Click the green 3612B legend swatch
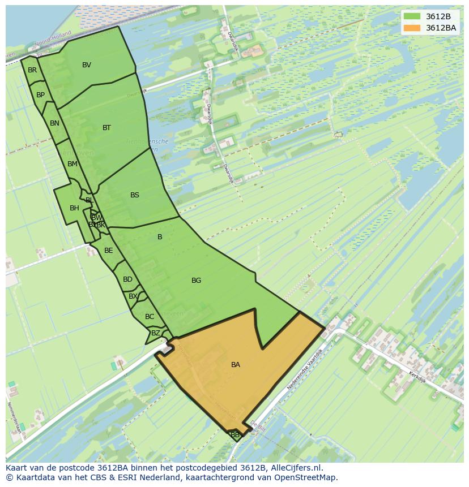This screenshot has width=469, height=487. click(412, 16)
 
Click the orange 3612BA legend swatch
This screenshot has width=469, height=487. click(412, 28)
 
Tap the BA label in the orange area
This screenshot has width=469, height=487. click(236, 365)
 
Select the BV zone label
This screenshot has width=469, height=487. click(87, 65)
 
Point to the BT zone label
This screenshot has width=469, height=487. click(106, 128)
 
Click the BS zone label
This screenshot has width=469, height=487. click(135, 195)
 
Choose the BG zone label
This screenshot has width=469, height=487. click(196, 281)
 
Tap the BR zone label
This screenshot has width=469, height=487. click(32, 70)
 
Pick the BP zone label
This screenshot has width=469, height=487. click(40, 95)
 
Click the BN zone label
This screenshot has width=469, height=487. click(54, 123)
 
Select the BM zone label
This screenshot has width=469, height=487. click(72, 164)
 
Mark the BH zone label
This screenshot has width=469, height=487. click(74, 208)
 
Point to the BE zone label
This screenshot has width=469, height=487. click(108, 251)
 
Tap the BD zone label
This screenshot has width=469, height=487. click(127, 279)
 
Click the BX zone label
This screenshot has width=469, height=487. click(133, 296)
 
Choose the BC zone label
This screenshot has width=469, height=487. click(150, 317)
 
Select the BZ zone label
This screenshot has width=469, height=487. click(156, 334)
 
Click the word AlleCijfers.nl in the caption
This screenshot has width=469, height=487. click(296, 468)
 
